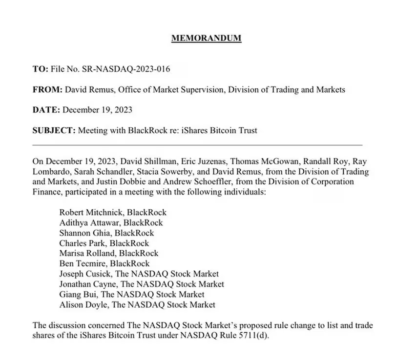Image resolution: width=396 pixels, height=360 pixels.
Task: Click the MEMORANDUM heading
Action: [207, 38]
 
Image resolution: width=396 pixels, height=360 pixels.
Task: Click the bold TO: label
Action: [40, 69]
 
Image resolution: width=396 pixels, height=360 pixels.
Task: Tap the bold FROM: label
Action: [47, 89]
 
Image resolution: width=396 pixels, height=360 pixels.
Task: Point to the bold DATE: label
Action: [45, 110]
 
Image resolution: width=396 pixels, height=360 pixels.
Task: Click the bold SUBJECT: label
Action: [53, 130]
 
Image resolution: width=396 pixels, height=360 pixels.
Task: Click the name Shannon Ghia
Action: [82, 233]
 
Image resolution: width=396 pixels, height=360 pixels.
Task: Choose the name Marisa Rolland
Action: [87, 253]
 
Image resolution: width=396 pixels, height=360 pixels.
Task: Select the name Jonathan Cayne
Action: [87, 284]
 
